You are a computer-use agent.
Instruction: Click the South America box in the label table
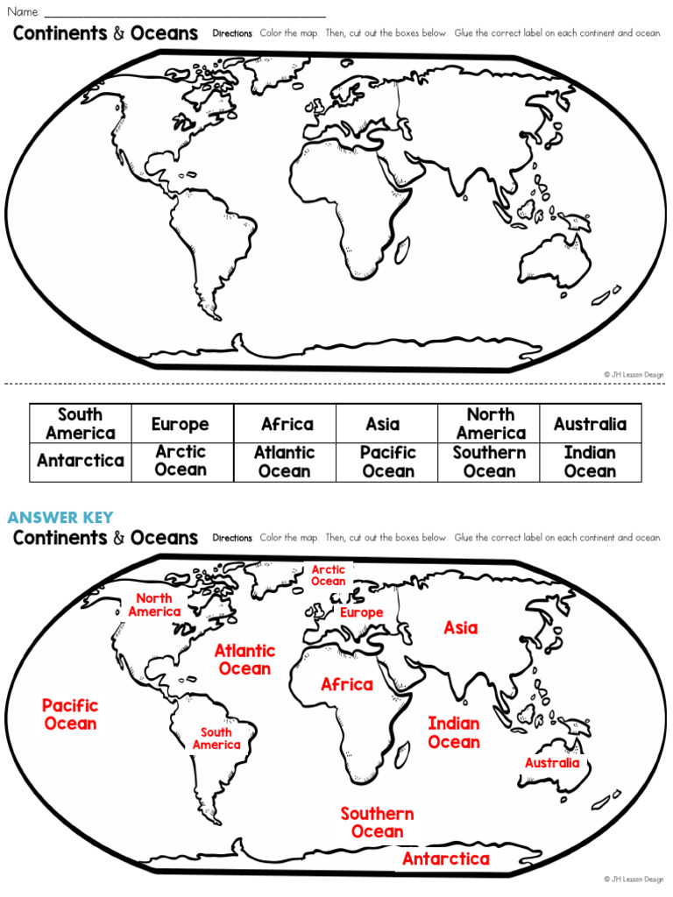click(81, 423)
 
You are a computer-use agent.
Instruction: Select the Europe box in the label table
click(181, 424)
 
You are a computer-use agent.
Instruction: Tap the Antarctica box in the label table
click(81, 461)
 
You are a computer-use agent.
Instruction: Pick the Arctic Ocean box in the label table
click(181, 461)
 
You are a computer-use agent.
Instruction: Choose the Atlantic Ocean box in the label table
click(284, 462)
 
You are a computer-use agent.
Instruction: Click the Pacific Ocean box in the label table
click(387, 462)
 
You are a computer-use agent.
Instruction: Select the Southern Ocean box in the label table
click(489, 462)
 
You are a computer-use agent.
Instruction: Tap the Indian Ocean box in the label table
click(590, 462)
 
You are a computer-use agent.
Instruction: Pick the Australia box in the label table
click(590, 424)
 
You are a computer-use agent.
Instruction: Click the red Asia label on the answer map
click(461, 627)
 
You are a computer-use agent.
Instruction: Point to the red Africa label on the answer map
click(347, 684)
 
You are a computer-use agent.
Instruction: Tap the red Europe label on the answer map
click(361, 612)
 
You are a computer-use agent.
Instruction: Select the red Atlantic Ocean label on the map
click(244, 660)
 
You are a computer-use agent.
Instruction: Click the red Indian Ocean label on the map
click(454, 732)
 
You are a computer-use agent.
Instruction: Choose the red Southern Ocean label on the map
click(377, 823)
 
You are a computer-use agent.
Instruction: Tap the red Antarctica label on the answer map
click(445, 859)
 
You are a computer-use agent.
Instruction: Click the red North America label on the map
click(154, 605)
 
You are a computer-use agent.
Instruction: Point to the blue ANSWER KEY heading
click(60, 518)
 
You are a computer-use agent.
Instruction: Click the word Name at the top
click(24, 12)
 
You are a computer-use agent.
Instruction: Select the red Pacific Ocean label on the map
click(70, 714)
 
